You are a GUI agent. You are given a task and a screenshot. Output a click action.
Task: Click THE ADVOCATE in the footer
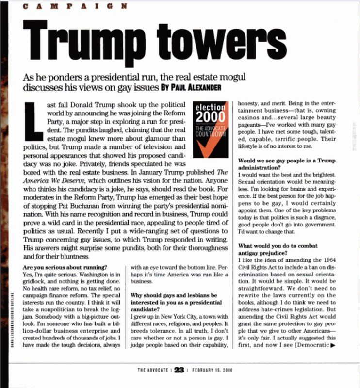(154, 370)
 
